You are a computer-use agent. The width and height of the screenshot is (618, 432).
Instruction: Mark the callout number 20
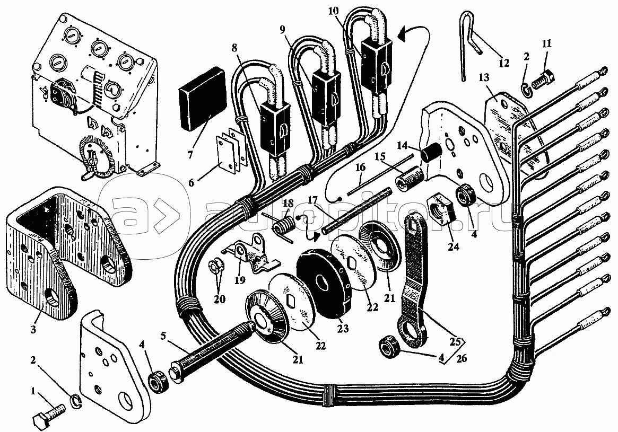point(219,299)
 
